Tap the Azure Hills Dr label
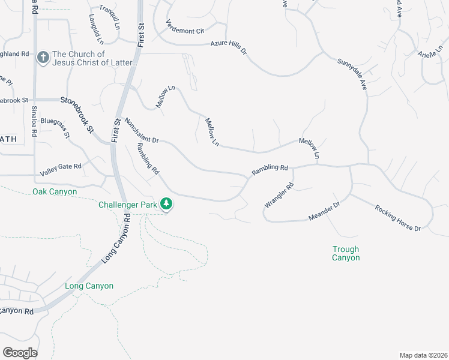229,47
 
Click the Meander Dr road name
324,211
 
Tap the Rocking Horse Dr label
398,218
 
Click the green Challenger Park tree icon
167,205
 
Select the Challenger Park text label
128,205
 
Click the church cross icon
43,58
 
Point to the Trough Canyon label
346,253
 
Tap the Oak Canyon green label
55,191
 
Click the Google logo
20,352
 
